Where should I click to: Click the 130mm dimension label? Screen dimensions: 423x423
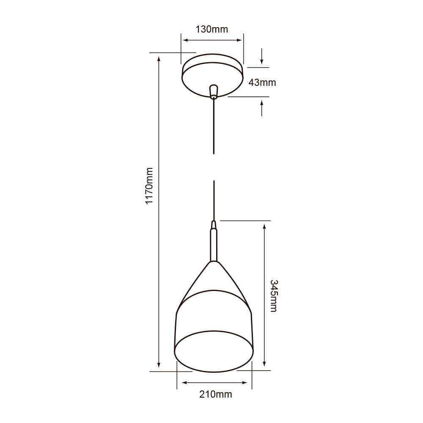pyautogui.click(x=212, y=29)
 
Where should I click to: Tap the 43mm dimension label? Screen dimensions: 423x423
pyautogui.click(x=262, y=82)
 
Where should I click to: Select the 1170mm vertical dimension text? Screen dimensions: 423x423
pyautogui.click(x=149, y=186)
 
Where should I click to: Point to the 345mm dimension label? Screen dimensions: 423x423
pyautogui.click(x=274, y=296)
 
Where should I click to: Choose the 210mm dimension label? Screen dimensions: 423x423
pyautogui.click(x=216, y=394)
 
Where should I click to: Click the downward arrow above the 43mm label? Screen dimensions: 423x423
pyautogui.click(x=262, y=57)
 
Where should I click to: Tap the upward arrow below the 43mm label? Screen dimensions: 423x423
pyautogui.click(x=262, y=107)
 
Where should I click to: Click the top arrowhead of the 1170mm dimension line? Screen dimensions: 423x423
pyautogui.click(x=159, y=59)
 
